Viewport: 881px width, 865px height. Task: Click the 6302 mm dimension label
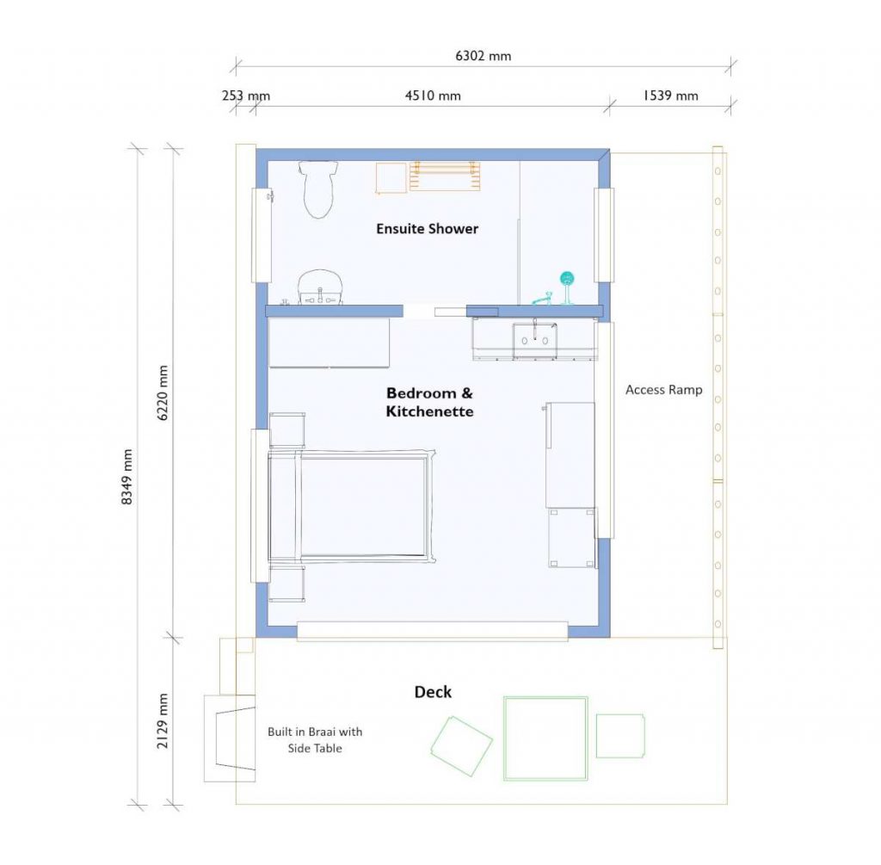(x=483, y=56)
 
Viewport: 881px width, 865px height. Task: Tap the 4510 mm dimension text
(x=433, y=96)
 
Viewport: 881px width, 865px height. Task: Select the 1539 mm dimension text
(x=670, y=96)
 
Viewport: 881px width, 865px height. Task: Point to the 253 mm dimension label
(x=245, y=96)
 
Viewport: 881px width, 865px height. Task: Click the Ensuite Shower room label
(x=427, y=229)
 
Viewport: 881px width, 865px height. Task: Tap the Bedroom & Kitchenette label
(x=429, y=402)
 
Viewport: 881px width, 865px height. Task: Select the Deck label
(x=433, y=692)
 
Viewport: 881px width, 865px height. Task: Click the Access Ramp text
(x=663, y=390)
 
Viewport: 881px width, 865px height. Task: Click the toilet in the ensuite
(x=318, y=189)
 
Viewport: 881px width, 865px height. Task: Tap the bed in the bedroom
(x=349, y=506)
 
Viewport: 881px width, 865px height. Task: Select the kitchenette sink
(x=534, y=339)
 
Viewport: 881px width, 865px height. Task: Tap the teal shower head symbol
(x=567, y=279)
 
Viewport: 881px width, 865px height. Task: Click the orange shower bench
(x=444, y=176)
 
